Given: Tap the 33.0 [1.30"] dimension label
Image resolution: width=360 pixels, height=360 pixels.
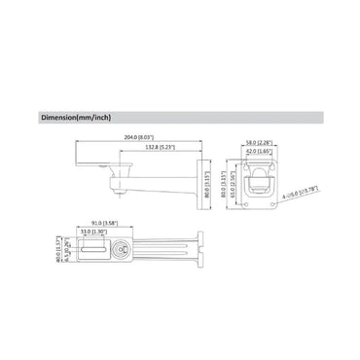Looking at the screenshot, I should [94, 232].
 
